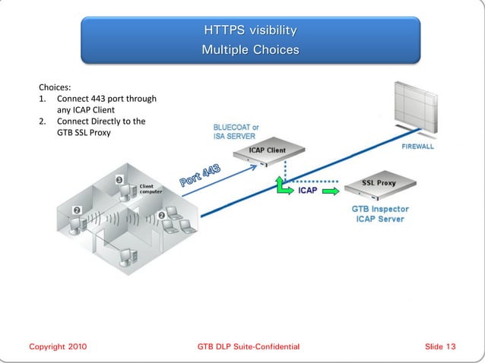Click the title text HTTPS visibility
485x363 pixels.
(250, 31)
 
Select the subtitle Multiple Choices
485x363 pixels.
(250, 50)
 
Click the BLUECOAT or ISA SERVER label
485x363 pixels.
(236, 131)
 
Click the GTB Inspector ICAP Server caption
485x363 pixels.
(379, 213)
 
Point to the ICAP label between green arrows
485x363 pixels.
(307, 191)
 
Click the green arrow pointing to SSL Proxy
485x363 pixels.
(331, 191)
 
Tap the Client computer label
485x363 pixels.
(150, 188)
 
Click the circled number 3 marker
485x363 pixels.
(119, 179)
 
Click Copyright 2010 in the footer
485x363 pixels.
(58, 347)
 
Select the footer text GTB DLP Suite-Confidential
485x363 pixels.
(248, 347)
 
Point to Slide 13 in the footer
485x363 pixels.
(440, 347)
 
